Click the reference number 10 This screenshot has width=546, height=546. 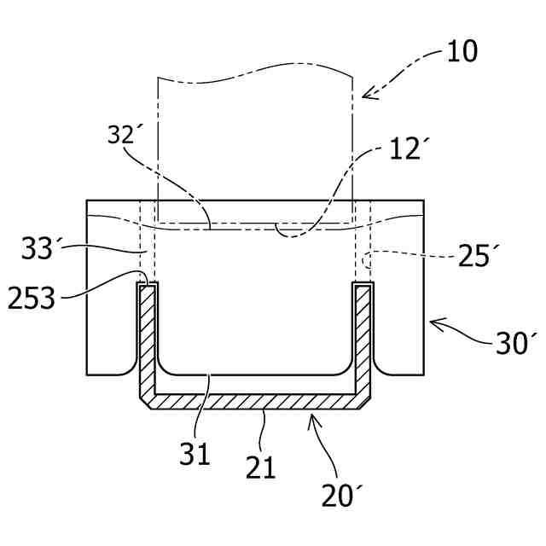[462, 52]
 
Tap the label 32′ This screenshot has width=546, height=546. [125, 136]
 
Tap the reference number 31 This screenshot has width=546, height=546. [195, 454]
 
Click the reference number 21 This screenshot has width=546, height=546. [261, 467]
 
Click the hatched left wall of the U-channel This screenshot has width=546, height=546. [147, 341]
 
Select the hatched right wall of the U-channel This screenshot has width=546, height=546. [363, 341]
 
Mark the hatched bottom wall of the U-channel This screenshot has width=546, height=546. [256, 400]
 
